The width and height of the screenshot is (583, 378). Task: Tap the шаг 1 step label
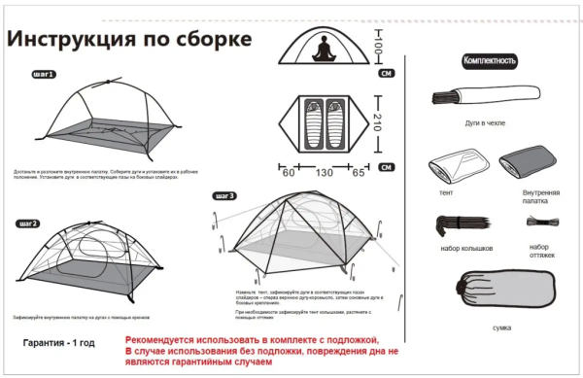[x=44, y=74]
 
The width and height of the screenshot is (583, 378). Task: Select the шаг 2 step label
[x=28, y=224]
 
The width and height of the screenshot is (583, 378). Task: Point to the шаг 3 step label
[x=224, y=195]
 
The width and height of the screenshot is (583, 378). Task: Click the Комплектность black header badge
[x=489, y=61]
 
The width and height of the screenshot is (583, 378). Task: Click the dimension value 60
[x=289, y=173]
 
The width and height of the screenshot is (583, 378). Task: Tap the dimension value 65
[x=359, y=173]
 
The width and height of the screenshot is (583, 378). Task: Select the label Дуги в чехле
[x=485, y=123]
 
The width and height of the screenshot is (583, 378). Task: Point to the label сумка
[x=501, y=329]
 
